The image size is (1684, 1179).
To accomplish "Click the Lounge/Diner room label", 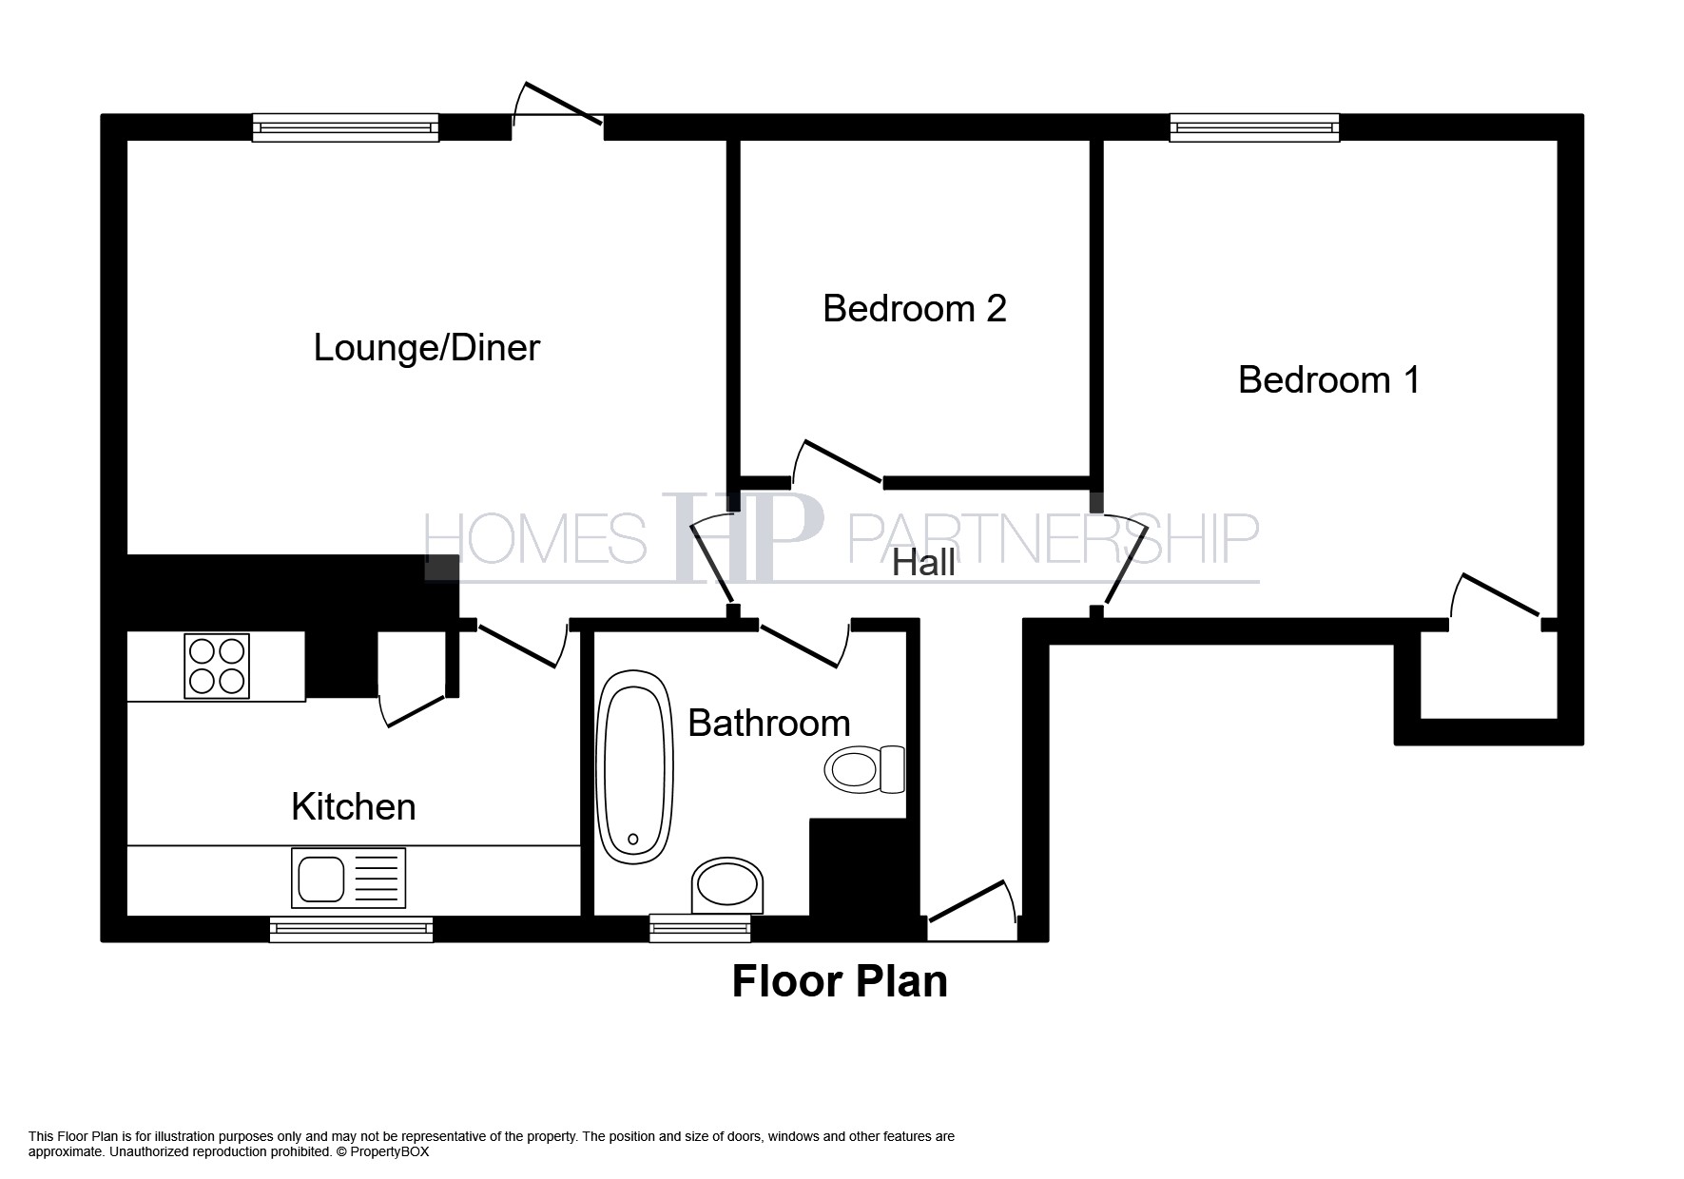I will [426, 348].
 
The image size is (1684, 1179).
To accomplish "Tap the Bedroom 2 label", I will [914, 309].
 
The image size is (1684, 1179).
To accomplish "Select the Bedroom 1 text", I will [1328, 380].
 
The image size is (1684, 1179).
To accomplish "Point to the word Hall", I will [923, 563].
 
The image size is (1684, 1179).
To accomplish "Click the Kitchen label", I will [353, 807].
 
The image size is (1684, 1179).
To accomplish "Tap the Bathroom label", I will [768, 724].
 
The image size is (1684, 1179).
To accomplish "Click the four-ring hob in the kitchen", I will [217, 666].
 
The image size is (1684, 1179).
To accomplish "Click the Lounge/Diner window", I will [345, 127].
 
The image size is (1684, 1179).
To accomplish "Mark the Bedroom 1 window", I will [1254, 127].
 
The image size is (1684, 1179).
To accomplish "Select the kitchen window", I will [351, 929].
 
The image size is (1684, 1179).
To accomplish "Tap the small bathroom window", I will [700, 928].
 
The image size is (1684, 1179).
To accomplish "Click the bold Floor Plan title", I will [840, 982].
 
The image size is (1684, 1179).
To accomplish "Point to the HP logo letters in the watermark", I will [746, 539].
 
